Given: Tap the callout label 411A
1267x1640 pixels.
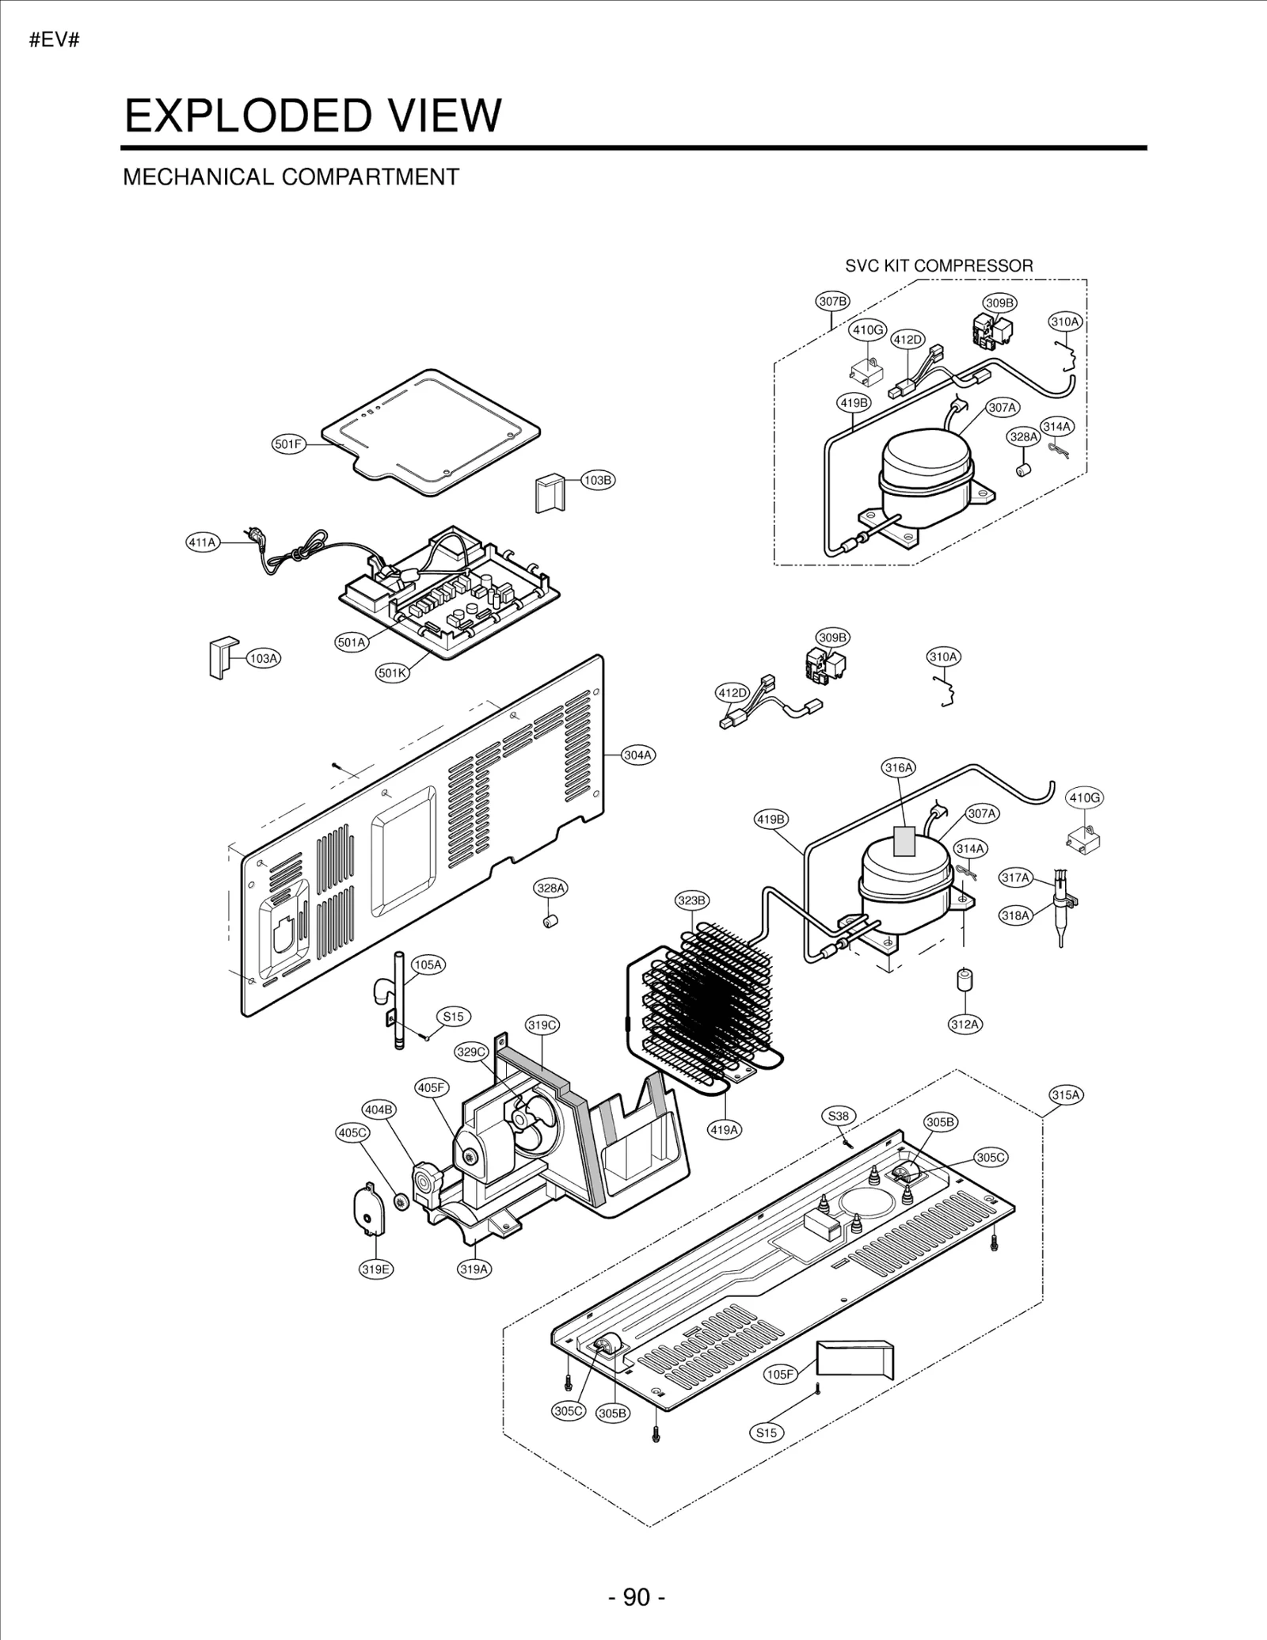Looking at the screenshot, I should pyautogui.click(x=202, y=542).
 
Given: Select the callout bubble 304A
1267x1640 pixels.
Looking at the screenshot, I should pyautogui.click(x=638, y=755).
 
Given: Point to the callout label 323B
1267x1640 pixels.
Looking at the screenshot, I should pyautogui.click(x=692, y=900).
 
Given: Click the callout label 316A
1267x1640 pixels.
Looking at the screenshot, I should pyautogui.click(x=899, y=767).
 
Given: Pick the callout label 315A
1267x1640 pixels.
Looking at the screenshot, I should pyautogui.click(x=1066, y=1095).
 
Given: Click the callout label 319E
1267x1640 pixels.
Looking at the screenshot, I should pyautogui.click(x=376, y=1269).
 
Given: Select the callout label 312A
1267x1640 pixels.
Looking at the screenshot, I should pyautogui.click(x=965, y=1024).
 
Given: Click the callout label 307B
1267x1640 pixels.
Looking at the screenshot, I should pyautogui.click(x=833, y=301).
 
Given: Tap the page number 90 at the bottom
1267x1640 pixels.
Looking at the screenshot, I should pyautogui.click(x=637, y=1597).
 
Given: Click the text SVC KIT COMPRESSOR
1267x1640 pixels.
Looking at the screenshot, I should pyautogui.click(x=938, y=266).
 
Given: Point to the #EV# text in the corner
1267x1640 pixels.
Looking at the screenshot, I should pyautogui.click(x=55, y=40).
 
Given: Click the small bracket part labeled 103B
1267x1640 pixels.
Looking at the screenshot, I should pyautogui.click(x=550, y=493).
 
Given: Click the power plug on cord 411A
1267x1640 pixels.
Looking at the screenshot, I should pyautogui.click(x=254, y=535).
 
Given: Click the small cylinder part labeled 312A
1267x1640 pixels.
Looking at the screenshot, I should pyautogui.click(x=965, y=980).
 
